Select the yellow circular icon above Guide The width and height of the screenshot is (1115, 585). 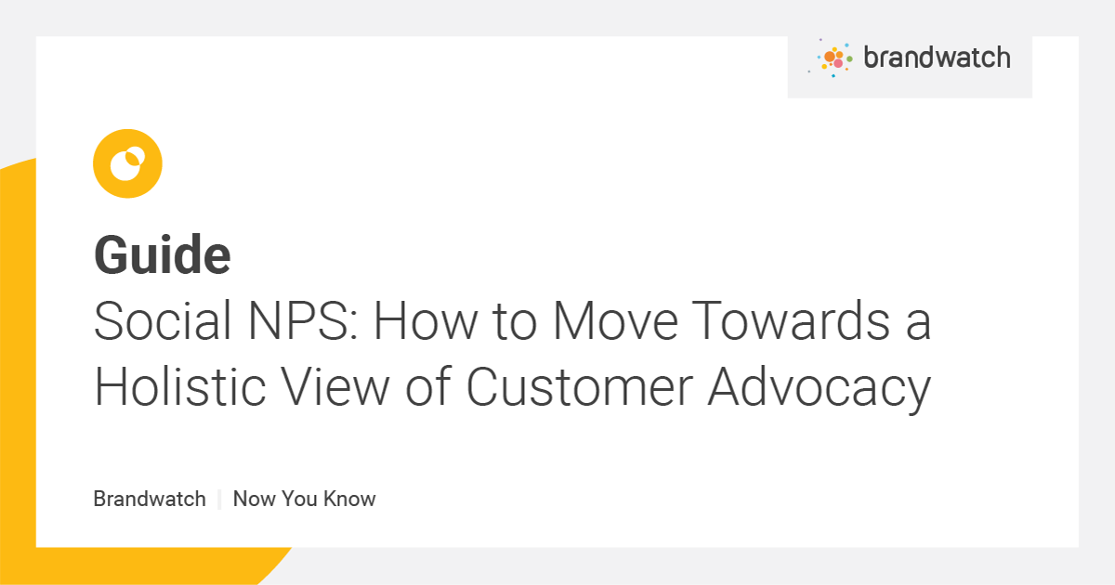pyautogui.click(x=127, y=163)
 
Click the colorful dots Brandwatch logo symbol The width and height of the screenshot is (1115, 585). pyautogui.click(x=833, y=58)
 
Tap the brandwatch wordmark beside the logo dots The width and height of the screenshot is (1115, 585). pyautogui.click(x=936, y=58)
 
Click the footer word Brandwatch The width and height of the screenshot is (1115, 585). pyautogui.click(x=150, y=499)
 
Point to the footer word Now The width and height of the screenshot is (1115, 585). pyautogui.click(x=254, y=499)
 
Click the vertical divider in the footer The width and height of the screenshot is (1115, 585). pyautogui.click(x=219, y=499)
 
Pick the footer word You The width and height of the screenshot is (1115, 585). pyautogui.click(x=300, y=499)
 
